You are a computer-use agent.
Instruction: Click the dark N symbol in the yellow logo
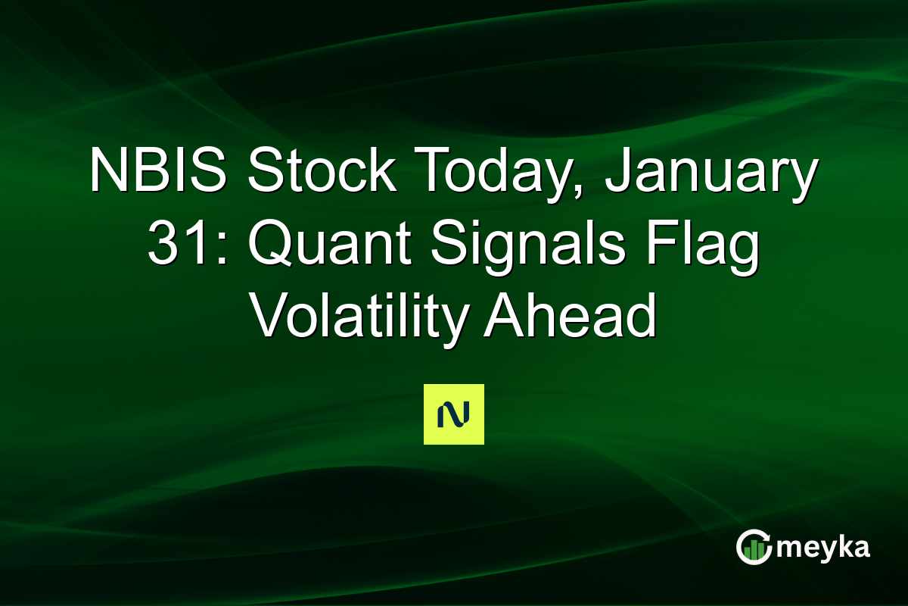(453, 414)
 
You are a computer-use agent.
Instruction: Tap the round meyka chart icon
(753, 548)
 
